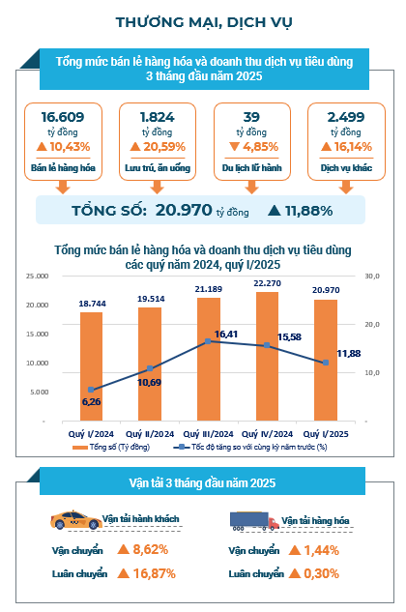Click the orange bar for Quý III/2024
tap(209, 359)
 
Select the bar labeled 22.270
tap(267, 357)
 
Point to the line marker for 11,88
tap(326, 363)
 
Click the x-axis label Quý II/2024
tap(150, 434)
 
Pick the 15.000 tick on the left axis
tap(38, 335)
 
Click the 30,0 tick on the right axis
tap(372, 276)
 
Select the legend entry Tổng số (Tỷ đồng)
tap(111, 447)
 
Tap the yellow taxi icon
tap(76, 519)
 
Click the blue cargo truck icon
tap(254, 521)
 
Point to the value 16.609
tap(63, 117)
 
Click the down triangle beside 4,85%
tap(234, 147)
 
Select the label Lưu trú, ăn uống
tap(158, 168)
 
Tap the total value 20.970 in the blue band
tap(184, 211)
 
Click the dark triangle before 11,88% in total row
tap(275, 211)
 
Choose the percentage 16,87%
tap(155, 573)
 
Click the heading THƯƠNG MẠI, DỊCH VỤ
tap(204, 22)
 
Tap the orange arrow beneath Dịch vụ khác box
tap(346, 187)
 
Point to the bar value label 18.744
tap(92, 304)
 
